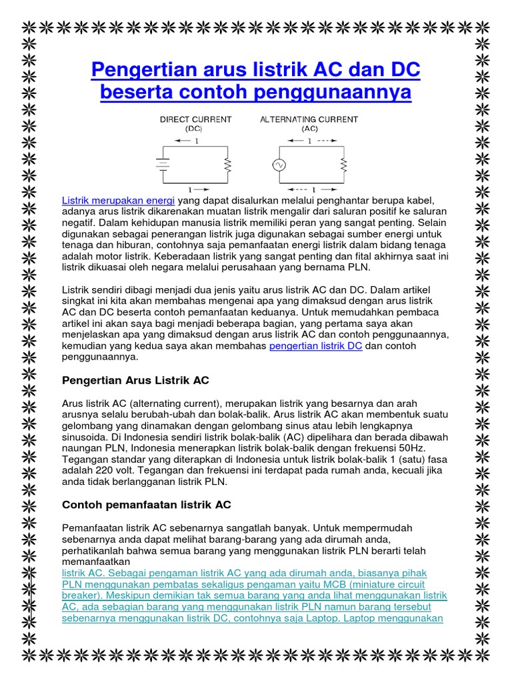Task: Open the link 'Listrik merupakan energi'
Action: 118,201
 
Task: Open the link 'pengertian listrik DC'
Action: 315,346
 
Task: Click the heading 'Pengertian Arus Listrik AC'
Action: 135,380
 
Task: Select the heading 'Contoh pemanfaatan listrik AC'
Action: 146,505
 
